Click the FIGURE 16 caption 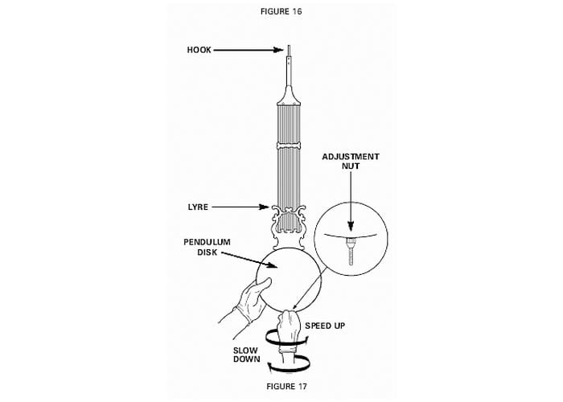281,11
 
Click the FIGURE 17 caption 286,386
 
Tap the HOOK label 199,50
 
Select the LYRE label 198,207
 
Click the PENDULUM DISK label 208,247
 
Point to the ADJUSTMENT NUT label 351,162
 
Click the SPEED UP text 325,326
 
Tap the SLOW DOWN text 247,355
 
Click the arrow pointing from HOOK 249,50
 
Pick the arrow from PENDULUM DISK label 249,260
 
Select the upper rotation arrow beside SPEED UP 286,338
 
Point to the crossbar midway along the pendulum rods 290,146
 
